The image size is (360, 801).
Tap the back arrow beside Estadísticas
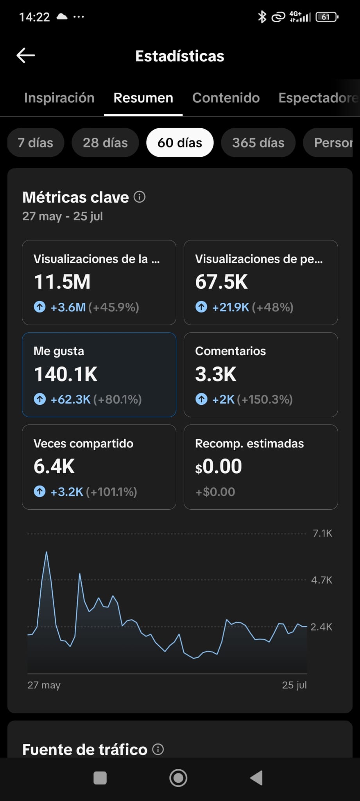tap(26, 56)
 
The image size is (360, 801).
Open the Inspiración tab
tap(59, 98)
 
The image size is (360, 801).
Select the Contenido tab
tap(226, 98)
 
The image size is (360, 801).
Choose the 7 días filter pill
tap(36, 143)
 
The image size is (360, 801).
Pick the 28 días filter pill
tap(105, 143)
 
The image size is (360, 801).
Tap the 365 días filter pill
tap(258, 143)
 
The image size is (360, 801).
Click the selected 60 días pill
tap(180, 143)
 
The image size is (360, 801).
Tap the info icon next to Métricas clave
tap(140, 197)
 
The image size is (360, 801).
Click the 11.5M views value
tap(62, 282)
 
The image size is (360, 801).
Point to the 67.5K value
tap(222, 282)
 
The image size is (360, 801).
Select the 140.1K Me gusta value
tap(66, 374)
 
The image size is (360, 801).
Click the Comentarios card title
tap(231, 351)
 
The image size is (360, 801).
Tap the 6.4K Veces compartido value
tap(54, 466)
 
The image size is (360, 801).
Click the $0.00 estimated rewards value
tap(219, 466)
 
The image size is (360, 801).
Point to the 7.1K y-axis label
tap(322, 533)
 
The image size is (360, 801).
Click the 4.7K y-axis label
tap(322, 580)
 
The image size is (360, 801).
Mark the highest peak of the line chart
tap(47, 552)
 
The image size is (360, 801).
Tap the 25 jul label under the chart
tap(294, 685)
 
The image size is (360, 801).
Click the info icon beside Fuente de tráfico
tap(158, 749)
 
